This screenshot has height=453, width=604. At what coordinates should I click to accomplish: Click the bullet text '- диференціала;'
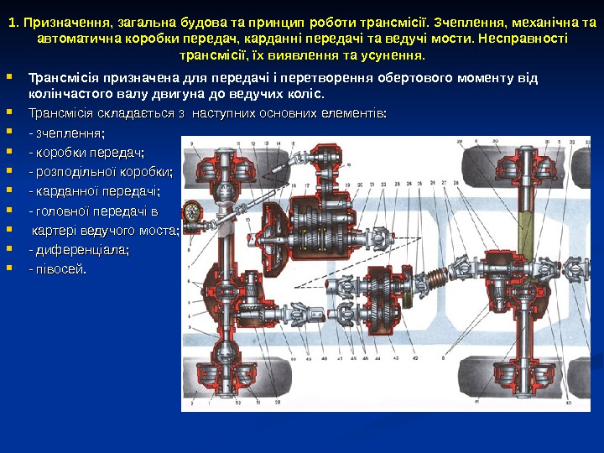pos(79,250)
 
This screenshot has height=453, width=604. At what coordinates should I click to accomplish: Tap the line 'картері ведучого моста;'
pos(106,230)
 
